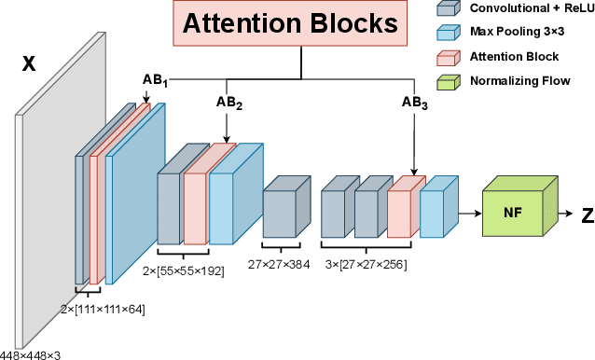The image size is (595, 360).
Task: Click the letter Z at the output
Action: [587, 215]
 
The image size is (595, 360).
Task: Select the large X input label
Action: [28, 63]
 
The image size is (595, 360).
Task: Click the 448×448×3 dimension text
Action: [30, 353]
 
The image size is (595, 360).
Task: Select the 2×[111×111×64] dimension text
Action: [102, 309]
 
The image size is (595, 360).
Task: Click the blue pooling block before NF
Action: [436, 207]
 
